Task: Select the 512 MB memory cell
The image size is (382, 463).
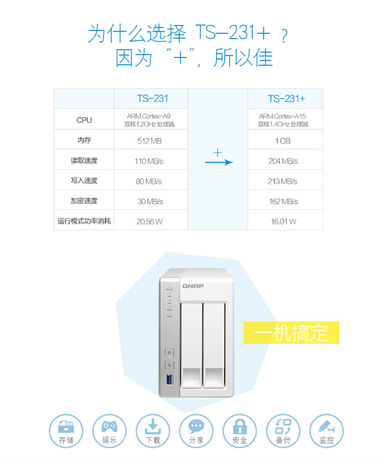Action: click(x=150, y=141)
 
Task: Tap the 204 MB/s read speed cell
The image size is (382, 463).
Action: click(x=283, y=161)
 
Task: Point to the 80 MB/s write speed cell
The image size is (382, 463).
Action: click(x=149, y=181)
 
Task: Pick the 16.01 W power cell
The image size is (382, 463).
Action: click(x=283, y=222)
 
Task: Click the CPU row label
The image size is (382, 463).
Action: click(x=84, y=120)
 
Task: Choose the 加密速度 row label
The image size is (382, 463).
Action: click(x=84, y=201)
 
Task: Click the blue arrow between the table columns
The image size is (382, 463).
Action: click(x=219, y=162)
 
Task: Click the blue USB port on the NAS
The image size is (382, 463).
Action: click(x=170, y=380)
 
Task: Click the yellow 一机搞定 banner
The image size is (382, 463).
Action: click(x=291, y=333)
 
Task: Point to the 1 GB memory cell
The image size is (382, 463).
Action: click(x=283, y=141)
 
